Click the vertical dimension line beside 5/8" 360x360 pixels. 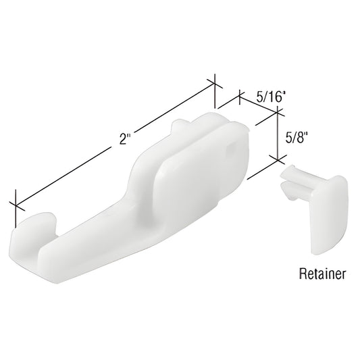277,135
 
